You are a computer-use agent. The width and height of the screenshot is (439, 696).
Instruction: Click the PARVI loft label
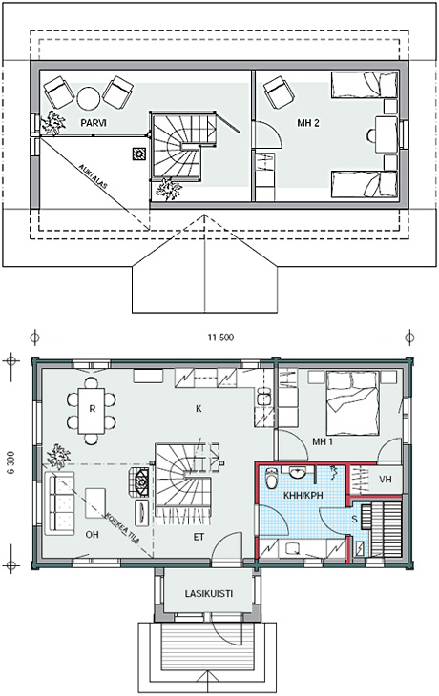tap(94, 122)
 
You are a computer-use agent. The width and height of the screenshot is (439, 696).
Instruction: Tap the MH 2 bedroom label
tap(308, 122)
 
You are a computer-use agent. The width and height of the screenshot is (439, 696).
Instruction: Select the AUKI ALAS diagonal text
tap(93, 176)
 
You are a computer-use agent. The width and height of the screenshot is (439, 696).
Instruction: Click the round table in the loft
tap(89, 98)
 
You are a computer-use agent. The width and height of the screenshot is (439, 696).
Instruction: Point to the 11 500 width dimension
tap(220, 338)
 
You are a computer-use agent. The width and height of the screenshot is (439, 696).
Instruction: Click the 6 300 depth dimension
tap(11, 463)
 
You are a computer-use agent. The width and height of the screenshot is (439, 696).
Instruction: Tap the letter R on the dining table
tap(92, 409)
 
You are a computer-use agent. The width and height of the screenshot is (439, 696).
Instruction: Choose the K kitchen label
tap(199, 408)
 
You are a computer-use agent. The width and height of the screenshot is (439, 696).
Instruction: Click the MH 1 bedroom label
tap(323, 441)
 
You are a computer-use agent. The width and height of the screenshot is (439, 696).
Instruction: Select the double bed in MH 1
tap(353, 403)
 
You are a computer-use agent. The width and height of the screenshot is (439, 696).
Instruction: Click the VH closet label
tap(386, 480)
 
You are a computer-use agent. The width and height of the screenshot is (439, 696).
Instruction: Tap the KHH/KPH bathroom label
tap(303, 496)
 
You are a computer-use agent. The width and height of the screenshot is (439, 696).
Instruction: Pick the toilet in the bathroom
tap(271, 479)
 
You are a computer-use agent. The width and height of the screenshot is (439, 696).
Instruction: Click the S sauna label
tap(355, 519)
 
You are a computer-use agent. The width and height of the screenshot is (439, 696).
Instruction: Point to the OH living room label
tap(92, 535)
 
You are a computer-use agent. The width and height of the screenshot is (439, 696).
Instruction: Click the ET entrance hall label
tap(199, 537)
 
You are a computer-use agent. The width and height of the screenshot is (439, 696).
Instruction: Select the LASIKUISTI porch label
tap(209, 593)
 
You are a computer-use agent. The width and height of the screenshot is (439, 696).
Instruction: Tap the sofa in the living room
tap(59, 502)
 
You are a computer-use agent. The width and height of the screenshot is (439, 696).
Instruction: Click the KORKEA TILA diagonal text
tap(123, 528)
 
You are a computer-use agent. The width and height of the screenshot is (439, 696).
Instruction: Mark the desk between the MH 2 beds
tap(387, 134)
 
